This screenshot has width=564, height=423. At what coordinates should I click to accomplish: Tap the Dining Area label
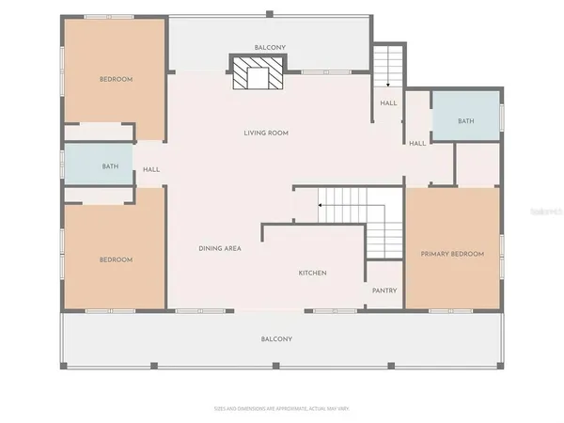(x=221, y=248)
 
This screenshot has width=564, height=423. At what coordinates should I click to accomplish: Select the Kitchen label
(x=313, y=273)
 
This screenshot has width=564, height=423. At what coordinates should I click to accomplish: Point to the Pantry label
(x=384, y=290)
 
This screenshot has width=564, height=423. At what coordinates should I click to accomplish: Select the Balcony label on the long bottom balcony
(x=276, y=338)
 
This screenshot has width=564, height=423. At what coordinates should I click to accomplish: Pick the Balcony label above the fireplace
(x=270, y=46)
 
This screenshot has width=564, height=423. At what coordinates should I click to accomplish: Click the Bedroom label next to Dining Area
(x=117, y=259)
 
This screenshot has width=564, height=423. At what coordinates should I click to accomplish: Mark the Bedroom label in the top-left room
(x=117, y=80)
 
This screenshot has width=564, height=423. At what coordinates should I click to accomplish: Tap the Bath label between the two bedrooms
(x=111, y=166)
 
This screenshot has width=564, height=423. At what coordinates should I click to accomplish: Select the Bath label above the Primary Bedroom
(x=466, y=121)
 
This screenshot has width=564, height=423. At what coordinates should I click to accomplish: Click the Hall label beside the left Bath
(x=150, y=170)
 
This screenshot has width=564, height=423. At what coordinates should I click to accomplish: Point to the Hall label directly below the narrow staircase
(x=388, y=103)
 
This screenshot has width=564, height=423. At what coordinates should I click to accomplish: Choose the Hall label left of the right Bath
(x=417, y=143)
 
